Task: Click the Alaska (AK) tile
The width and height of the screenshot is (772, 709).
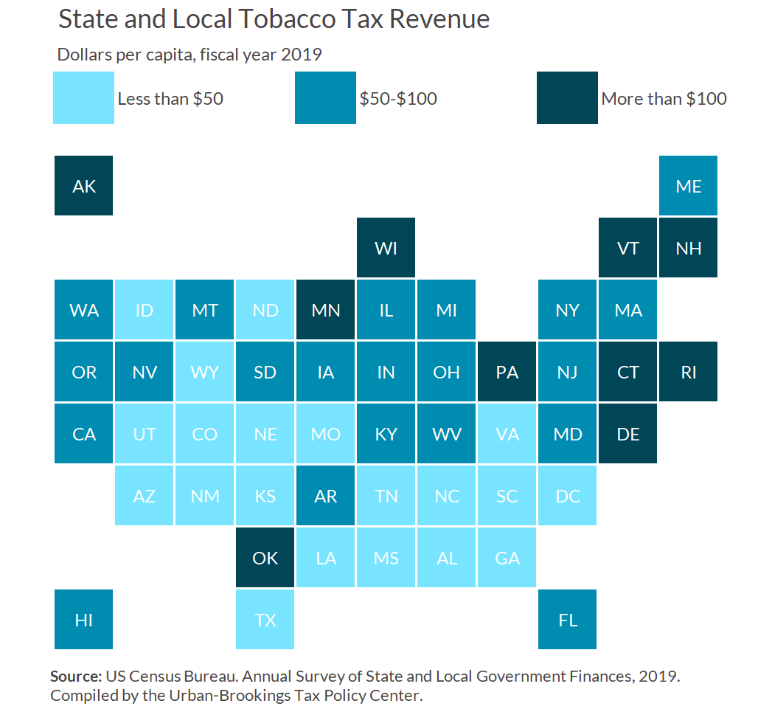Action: coord(84,186)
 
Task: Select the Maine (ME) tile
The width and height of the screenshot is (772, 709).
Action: coord(689,186)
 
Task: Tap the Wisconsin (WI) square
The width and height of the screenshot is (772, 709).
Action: coord(386,248)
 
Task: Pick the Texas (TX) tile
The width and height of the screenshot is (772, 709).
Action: coord(265,620)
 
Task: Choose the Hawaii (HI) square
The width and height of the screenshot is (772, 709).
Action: coord(84,620)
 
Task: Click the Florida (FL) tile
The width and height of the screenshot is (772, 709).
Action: coord(568,620)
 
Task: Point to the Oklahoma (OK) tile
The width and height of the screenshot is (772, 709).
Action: coord(265,558)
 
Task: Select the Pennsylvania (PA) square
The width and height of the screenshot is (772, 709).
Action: coord(507,372)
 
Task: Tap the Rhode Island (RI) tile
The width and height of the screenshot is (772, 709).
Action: coord(689,372)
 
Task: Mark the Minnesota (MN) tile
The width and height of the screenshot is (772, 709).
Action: coord(326,310)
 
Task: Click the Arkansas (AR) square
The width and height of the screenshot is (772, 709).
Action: coord(326,496)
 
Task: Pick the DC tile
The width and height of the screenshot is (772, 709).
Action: coord(568,496)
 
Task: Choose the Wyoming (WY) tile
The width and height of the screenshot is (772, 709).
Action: coord(205,372)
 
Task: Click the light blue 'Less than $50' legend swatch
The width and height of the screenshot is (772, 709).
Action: coord(84,97)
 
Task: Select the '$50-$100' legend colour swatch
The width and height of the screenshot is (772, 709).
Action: coord(326,97)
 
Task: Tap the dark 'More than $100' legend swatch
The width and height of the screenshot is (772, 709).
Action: coord(568,97)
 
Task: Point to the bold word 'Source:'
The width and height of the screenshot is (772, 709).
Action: coord(76,676)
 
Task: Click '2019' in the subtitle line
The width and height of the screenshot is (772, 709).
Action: coord(302,54)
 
